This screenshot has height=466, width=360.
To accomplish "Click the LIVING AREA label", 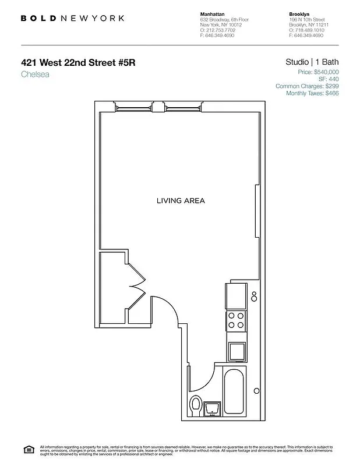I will point(181,201).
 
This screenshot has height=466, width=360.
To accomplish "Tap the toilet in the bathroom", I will point(196,404).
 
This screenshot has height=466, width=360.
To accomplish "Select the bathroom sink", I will point(213,408).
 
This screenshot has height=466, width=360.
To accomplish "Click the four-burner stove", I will point(236,321).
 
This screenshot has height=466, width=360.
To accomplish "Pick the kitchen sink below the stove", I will point(237,351).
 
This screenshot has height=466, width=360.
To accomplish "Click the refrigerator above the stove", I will point(236,296).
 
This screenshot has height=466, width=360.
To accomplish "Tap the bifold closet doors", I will point(137,285).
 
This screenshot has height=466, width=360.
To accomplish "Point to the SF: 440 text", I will point(329,79).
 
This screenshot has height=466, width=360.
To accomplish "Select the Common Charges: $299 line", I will point(307,86).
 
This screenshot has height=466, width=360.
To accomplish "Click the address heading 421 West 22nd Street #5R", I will point(78,62).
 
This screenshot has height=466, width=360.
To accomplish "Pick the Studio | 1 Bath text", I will point(312,62).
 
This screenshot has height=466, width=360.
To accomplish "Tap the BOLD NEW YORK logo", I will point(72,18).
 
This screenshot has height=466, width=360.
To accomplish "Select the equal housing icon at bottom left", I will point(28,449).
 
